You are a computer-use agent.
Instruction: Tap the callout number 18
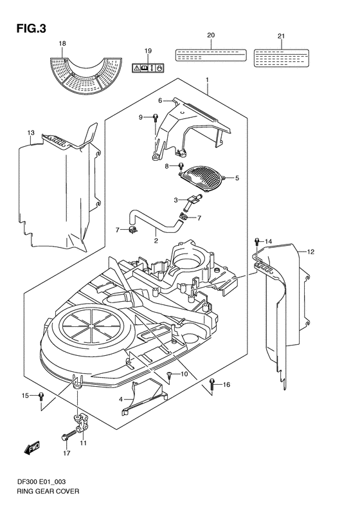tap(62, 43)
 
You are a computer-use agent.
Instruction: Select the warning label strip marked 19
tap(147, 66)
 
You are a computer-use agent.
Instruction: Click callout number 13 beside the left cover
tap(30, 133)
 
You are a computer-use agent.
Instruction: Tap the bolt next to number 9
tap(156, 117)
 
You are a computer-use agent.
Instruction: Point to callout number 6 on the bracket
tap(161, 100)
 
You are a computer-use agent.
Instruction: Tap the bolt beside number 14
tap(256, 243)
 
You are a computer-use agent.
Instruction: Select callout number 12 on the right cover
tap(309, 252)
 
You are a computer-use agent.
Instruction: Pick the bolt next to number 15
tap(41, 396)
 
